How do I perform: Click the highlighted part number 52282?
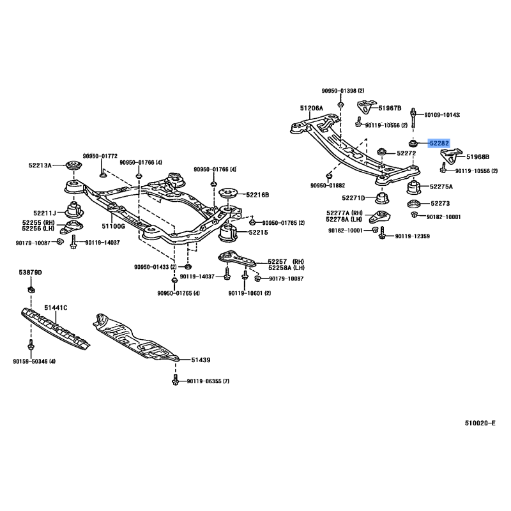point(439,143)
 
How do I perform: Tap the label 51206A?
point(311,108)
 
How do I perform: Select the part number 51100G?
point(113,226)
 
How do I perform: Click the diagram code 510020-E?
point(480,423)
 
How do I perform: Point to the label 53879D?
point(30,273)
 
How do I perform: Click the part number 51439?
point(201,360)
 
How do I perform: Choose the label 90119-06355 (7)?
point(208,381)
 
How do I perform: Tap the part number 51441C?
point(56,308)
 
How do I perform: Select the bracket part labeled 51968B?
point(452,156)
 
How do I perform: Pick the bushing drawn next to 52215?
point(229,233)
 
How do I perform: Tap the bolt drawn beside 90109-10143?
point(413,118)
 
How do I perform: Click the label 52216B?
point(257,195)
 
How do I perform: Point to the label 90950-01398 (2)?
point(343,91)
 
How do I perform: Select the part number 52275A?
point(441,187)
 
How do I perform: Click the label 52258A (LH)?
point(286,268)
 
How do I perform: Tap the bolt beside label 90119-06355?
point(175,380)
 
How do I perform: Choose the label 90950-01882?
point(328,185)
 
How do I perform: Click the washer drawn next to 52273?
point(414,204)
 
